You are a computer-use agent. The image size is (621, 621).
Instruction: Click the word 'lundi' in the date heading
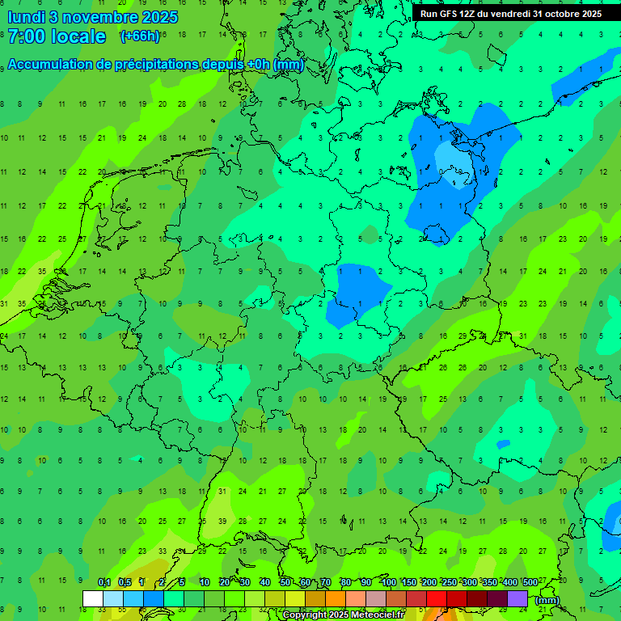click(x=25, y=16)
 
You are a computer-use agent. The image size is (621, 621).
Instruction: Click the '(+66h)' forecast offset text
click(x=140, y=36)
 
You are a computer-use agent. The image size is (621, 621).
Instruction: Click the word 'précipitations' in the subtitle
click(x=157, y=65)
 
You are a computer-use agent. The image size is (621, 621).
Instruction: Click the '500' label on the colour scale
click(x=530, y=582)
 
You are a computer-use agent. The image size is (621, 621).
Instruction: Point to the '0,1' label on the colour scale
click(x=104, y=582)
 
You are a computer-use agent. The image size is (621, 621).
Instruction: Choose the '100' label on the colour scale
click(x=388, y=582)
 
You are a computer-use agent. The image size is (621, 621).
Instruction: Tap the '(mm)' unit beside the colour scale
click(x=547, y=600)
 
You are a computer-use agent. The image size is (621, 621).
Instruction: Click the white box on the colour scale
click(x=93, y=598)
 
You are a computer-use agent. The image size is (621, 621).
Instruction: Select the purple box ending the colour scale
click(x=517, y=598)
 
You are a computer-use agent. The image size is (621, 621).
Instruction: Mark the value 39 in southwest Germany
click(x=222, y=522)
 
